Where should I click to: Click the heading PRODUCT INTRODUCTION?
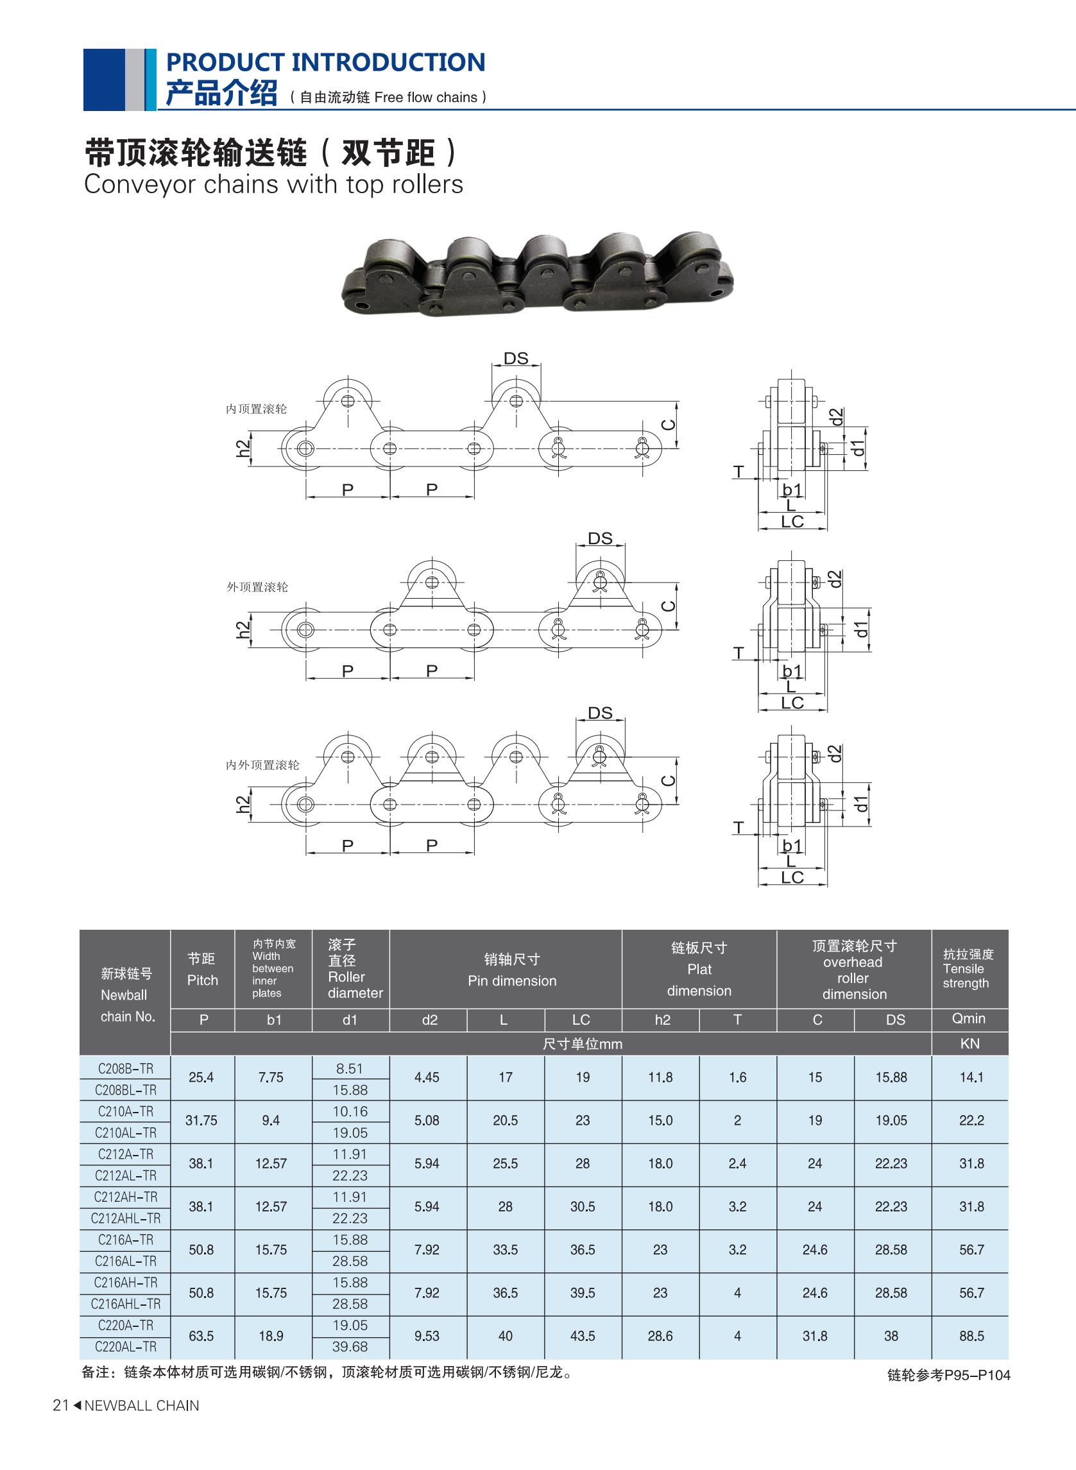click(326, 62)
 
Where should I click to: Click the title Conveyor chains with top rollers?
click(273, 185)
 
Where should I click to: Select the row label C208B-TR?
click(126, 1068)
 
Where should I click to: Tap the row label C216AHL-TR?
click(126, 1303)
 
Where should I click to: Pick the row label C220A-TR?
click(126, 1325)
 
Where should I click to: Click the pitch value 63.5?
click(201, 1336)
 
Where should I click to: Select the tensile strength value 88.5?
click(971, 1336)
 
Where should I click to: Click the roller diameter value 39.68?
click(350, 1346)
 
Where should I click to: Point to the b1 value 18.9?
click(271, 1336)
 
